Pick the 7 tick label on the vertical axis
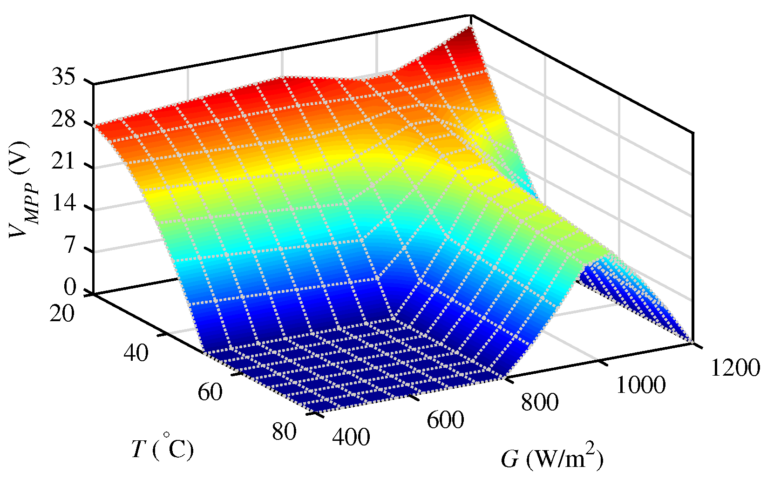tap(70, 245)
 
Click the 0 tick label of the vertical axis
tap(70, 287)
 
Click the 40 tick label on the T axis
tap(136, 353)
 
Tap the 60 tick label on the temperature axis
tap(210, 392)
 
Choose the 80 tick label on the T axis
tap(284, 432)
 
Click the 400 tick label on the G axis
tap(352, 437)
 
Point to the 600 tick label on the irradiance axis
tap(446, 420)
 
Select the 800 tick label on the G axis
tap(540, 402)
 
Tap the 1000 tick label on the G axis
tap(641, 385)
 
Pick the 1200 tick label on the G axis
tap(735, 368)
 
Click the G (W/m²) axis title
tap(552, 459)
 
